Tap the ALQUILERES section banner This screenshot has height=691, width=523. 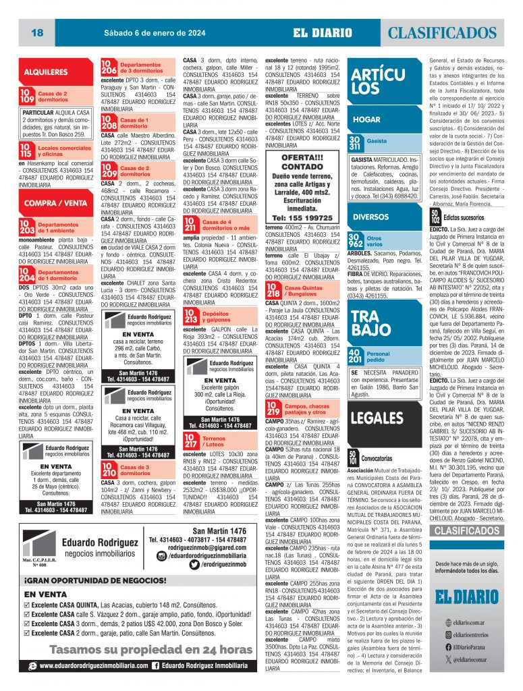[x=46, y=72]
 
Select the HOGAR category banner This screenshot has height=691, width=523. [x=368, y=119]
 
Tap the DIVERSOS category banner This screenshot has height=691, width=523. [x=371, y=217]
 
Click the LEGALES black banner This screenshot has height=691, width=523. [x=378, y=416]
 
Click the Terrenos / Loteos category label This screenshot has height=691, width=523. [x=214, y=441]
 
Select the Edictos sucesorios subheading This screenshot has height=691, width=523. [x=463, y=217]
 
